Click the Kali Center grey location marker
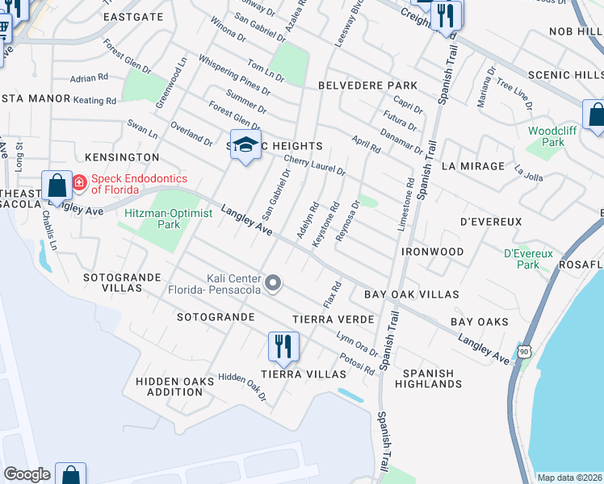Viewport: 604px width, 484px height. pos(275,282)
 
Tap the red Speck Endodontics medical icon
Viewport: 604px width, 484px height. pos(80,182)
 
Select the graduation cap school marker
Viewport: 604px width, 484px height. pos(246,145)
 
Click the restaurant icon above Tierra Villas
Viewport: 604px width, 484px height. pos(283,346)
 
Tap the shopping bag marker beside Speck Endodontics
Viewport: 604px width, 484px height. pos(58,186)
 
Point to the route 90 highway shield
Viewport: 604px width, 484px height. pos(525,351)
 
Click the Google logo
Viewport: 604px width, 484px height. pos(27,475)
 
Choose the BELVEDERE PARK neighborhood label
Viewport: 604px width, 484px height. pos(367,86)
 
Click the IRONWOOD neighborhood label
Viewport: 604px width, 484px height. pos(433,252)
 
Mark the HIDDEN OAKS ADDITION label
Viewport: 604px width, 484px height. pos(169,386)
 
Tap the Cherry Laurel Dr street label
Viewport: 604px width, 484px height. pos(314,166)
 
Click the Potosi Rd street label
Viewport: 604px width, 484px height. pos(357,365)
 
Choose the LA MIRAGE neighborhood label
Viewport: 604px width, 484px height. pos(473,166)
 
